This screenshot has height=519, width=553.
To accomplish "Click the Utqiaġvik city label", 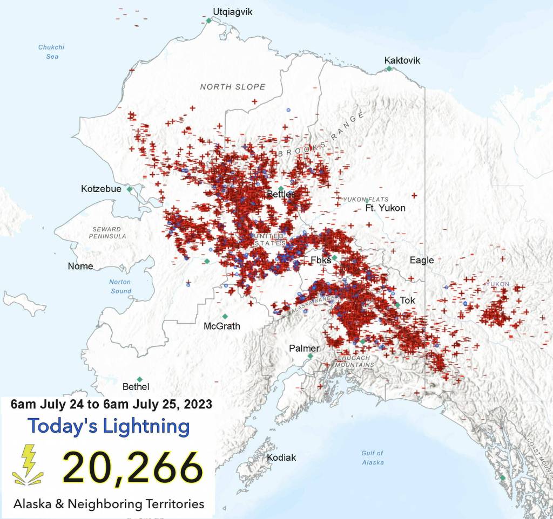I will [x=232, y=12].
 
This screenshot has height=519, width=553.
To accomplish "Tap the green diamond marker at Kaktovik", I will [x=389, y=69].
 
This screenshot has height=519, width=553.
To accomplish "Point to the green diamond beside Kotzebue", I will [x=130, y=189].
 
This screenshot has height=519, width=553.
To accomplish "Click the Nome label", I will [x=80, y=266].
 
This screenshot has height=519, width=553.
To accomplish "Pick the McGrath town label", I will [x=221, y=326].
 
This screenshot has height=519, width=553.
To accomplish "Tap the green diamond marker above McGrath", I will [x=225, y=316].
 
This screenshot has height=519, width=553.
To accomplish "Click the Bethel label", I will [x=136, y=387].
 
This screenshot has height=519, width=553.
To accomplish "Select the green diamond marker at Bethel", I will [x=139, y=379].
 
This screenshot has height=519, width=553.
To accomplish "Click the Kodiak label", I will [x=281, y=457].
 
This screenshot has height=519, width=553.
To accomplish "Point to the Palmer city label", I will [x=304, y=348].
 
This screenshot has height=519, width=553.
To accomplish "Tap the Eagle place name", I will [x=421, y=260].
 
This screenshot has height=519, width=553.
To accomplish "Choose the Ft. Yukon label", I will [x=385, y=208].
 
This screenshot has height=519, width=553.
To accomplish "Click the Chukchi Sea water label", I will [x=48, y=52].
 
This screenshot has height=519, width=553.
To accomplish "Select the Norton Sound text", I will [x=120, y=286].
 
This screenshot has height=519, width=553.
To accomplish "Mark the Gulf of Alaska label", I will [x=373, y=457].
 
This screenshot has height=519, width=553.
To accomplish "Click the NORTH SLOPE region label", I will [x=232, y=87].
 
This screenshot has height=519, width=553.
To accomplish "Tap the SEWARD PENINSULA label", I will [x=108, y=233].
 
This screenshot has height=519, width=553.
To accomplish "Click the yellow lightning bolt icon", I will [x=28, y=463].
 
